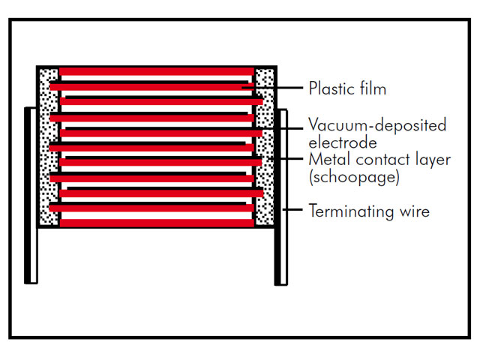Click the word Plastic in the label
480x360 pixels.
pos(331,88)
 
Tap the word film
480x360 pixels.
pos(373,88)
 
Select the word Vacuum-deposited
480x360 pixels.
pos(377,125)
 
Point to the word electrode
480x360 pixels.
pos(343,143)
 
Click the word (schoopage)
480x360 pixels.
pos(354,177)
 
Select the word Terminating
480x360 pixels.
pos(352,211)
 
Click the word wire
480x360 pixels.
pos(415,211)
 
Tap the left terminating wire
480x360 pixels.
pos(31,195)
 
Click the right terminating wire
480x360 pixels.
pos(280,197)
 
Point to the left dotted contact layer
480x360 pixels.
pos(49,147)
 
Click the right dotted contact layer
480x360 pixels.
pos(265,147)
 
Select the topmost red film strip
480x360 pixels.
pos(157,72)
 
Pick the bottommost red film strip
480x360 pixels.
pos(157,223)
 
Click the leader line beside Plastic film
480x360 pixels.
pos(272,88)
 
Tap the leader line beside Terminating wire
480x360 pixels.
pos(292,210)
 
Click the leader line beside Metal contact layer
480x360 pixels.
pos(285,158)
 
